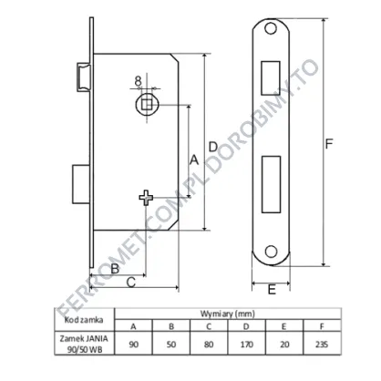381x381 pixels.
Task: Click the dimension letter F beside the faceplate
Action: click(x=329, y=144)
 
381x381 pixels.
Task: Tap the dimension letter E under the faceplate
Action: click(x=272, y=289)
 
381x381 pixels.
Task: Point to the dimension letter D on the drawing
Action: click(x=213, y=147)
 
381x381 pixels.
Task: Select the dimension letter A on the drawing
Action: click(x=194, y=160)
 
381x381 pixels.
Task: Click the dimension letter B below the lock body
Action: click(x=115, y=269)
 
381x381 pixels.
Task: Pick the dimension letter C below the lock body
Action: click(x=130, y=283)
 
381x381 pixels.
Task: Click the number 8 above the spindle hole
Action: click(x=138, y=81)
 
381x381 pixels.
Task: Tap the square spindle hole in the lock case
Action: click(x=147, y=104)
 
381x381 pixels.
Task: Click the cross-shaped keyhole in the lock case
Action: click(x=146, y=198)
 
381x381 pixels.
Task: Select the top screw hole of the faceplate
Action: click(x=271, y=28)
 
